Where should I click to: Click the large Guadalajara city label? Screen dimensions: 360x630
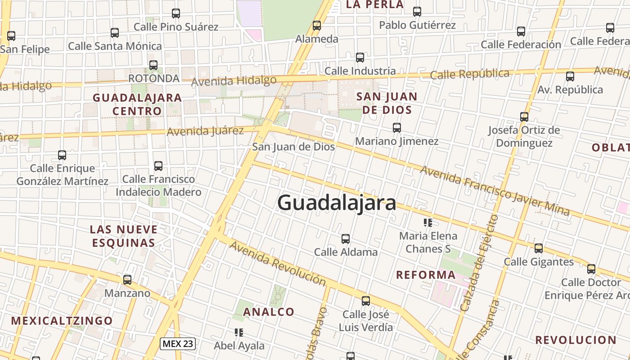tap(337, 203)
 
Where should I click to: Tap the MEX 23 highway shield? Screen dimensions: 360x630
tap(177, 344)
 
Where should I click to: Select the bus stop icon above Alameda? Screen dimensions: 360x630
tap(317, 26)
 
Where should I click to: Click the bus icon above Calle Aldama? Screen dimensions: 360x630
tap(346, 239)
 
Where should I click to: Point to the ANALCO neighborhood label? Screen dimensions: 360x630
tap(269, 312)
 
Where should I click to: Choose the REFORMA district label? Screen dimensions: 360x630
tap(426, 275)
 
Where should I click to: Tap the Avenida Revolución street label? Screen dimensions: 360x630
tap(278, 263)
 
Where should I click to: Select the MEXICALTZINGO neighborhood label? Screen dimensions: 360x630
tap(62, 321)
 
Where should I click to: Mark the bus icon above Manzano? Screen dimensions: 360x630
tap(127, 280)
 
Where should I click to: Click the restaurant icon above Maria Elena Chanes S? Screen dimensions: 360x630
tap(428, 222)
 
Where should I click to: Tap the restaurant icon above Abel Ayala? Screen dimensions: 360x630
tap(239, 333)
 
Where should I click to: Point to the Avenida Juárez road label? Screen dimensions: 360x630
tap(205, 131)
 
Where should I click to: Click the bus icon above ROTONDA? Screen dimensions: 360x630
tap(153, 65)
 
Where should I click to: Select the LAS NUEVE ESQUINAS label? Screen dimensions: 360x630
tap(124, 236)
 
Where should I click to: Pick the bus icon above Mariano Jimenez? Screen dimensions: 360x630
tap(396, 128)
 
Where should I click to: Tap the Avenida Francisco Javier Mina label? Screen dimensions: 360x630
tap(495, 191)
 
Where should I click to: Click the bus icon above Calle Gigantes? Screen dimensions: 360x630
tap(539, 248)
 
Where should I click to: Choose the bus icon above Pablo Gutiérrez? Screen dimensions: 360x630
tap(417, 12)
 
